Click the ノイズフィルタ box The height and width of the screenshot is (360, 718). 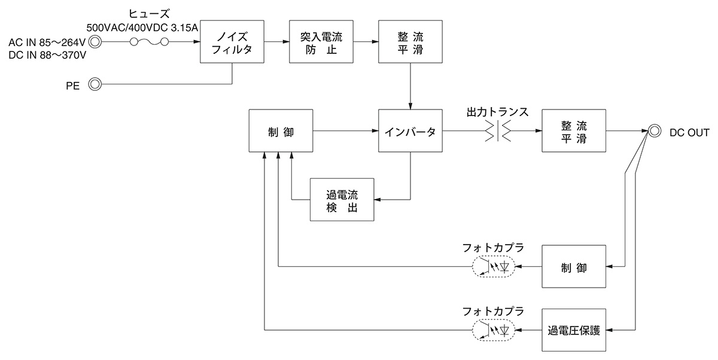232,42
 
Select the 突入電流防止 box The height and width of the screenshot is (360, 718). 321,42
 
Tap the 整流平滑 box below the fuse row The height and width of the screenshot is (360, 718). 410,42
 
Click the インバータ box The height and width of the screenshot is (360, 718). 410,131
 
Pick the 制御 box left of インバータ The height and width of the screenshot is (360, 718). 281,131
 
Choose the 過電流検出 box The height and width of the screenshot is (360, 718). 342,199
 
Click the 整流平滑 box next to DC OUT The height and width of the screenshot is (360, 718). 574,131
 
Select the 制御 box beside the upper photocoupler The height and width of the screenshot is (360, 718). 574,267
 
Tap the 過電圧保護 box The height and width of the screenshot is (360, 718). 574,330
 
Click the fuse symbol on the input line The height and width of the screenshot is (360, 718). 149,42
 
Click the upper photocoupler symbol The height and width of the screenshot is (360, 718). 494,267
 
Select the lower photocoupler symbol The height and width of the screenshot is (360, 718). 494,330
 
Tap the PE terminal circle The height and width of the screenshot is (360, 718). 94,84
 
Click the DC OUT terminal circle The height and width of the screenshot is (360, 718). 655,131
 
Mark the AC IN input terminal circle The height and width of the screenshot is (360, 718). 94,42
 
